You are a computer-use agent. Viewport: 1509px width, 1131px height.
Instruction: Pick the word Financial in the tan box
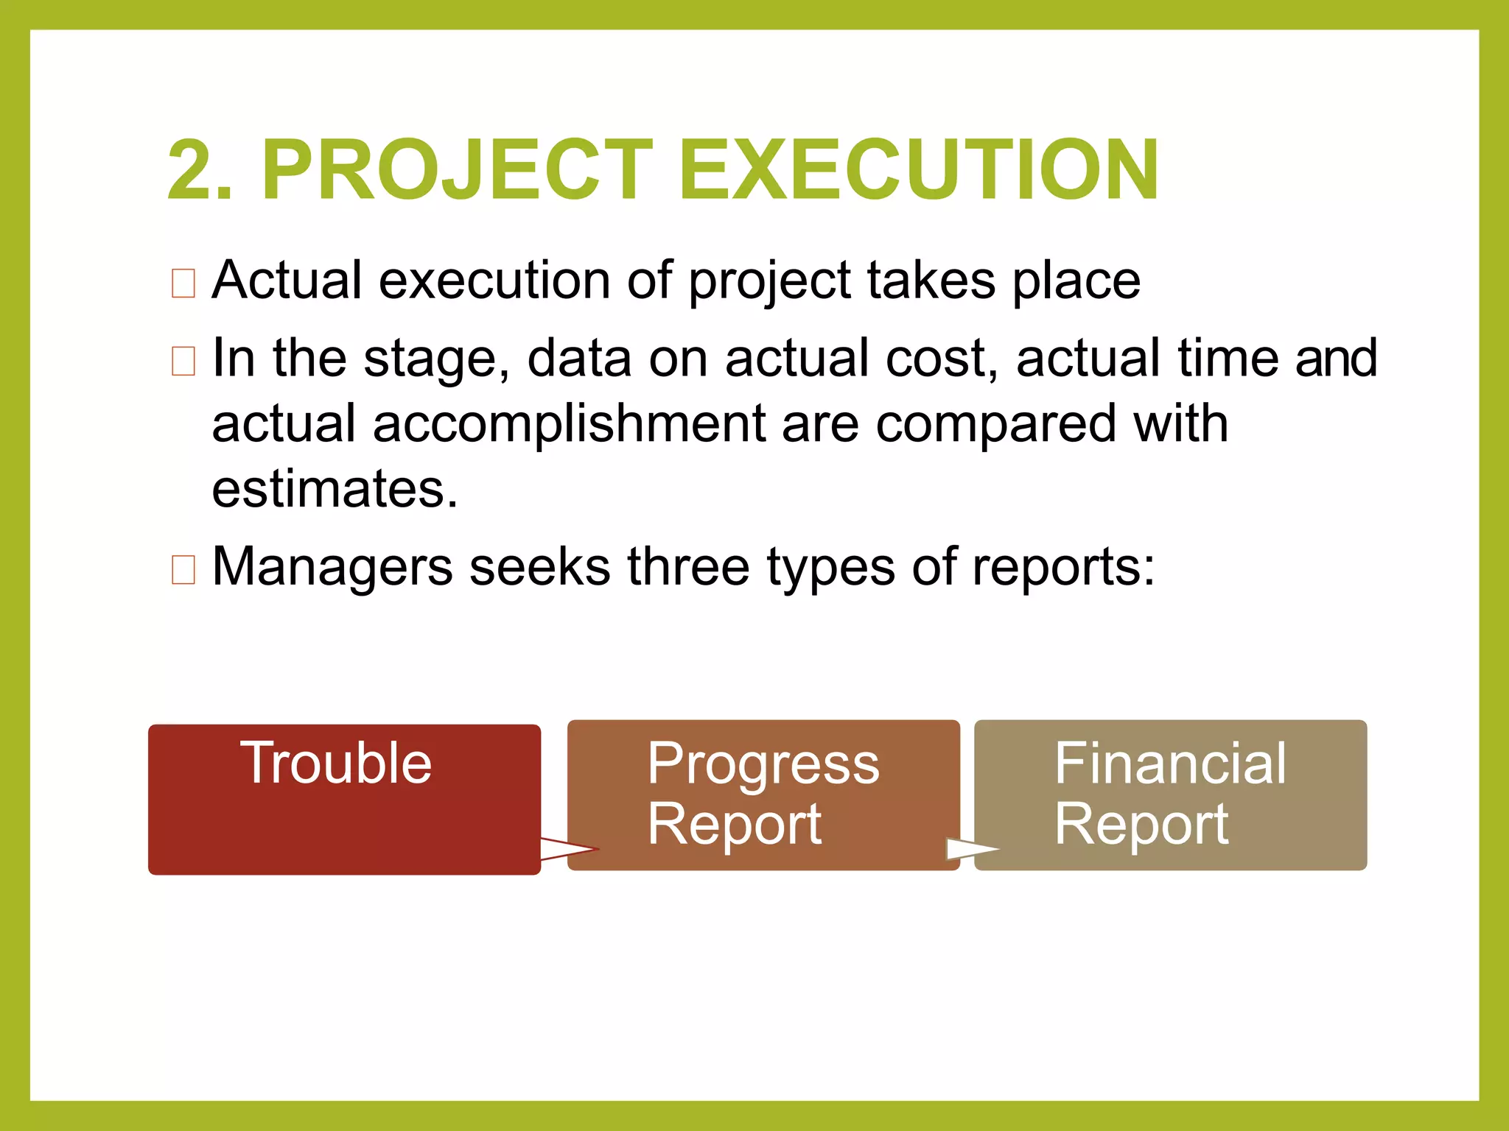(1170, 764)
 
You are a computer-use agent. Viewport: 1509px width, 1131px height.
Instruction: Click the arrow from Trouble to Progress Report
(569, 849)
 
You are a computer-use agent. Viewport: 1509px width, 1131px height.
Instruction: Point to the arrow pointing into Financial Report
(971, 849)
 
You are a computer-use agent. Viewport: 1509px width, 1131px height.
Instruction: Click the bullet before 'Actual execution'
(183, 283)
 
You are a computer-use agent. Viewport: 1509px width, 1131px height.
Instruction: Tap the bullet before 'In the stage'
(183, 361)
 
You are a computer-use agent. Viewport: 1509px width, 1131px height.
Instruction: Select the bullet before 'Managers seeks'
(183, 569)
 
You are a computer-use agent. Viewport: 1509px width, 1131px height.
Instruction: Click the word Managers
(332, 567)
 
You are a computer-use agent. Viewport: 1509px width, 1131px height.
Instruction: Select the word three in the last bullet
(688, 567)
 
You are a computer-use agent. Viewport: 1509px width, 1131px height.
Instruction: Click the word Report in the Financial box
(1141, 825)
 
